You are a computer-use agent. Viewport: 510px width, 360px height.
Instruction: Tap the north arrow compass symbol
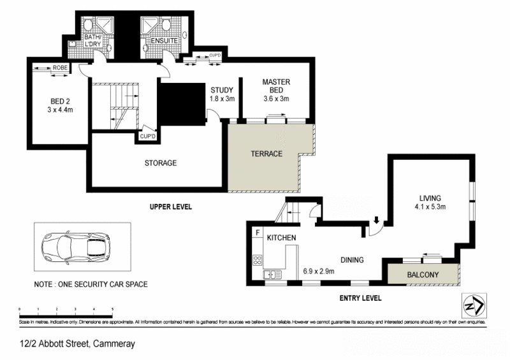pos(472,306)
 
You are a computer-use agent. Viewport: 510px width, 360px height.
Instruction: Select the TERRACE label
pos(266,154)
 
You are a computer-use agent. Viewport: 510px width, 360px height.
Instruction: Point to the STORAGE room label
pos(160,163)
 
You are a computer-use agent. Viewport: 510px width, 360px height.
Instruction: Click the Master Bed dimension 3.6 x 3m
pos(276,99)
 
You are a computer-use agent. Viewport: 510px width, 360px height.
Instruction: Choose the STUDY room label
pos(222,90)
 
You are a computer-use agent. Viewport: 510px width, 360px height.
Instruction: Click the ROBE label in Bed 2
pos(61,67)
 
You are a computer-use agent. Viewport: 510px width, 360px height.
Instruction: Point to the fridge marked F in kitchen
pos(257,233)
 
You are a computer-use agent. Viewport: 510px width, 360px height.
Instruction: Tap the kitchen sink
pos(273,275)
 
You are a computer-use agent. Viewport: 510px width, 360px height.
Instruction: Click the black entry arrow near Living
pos(376,221)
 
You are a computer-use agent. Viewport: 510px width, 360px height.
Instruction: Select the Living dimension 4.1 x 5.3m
pos(432,207)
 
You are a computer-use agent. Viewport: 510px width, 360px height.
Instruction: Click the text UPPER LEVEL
pos(170,207)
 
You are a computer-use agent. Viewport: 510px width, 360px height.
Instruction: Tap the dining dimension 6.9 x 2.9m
pos(319,271)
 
